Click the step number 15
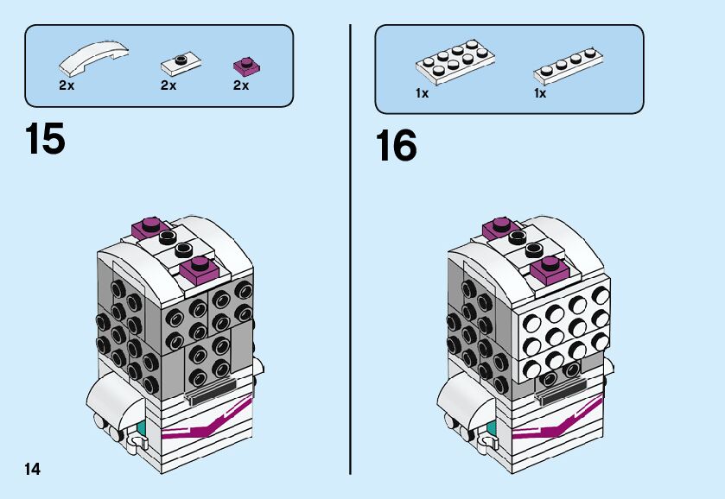[x=46, y=139]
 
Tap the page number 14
[x=33, y=469]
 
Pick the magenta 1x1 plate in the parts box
[x=246, y=65]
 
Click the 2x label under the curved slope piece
[x=67, y=85]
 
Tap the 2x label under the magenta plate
[x=241, y=85]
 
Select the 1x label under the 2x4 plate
[x=422, y=93]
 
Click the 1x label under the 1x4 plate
[x=540, y=93]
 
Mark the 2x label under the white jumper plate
[x=168, y=85]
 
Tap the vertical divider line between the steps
[x=350, y=250]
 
